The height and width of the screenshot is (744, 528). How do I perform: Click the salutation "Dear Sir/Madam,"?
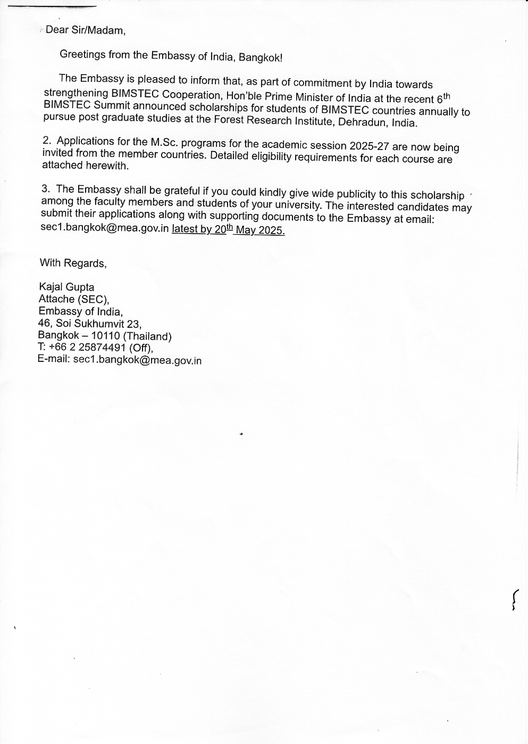pyautogui.click(x=86, y=30)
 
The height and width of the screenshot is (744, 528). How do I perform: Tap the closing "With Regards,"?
pyautogui.click(x=73, y=263)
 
